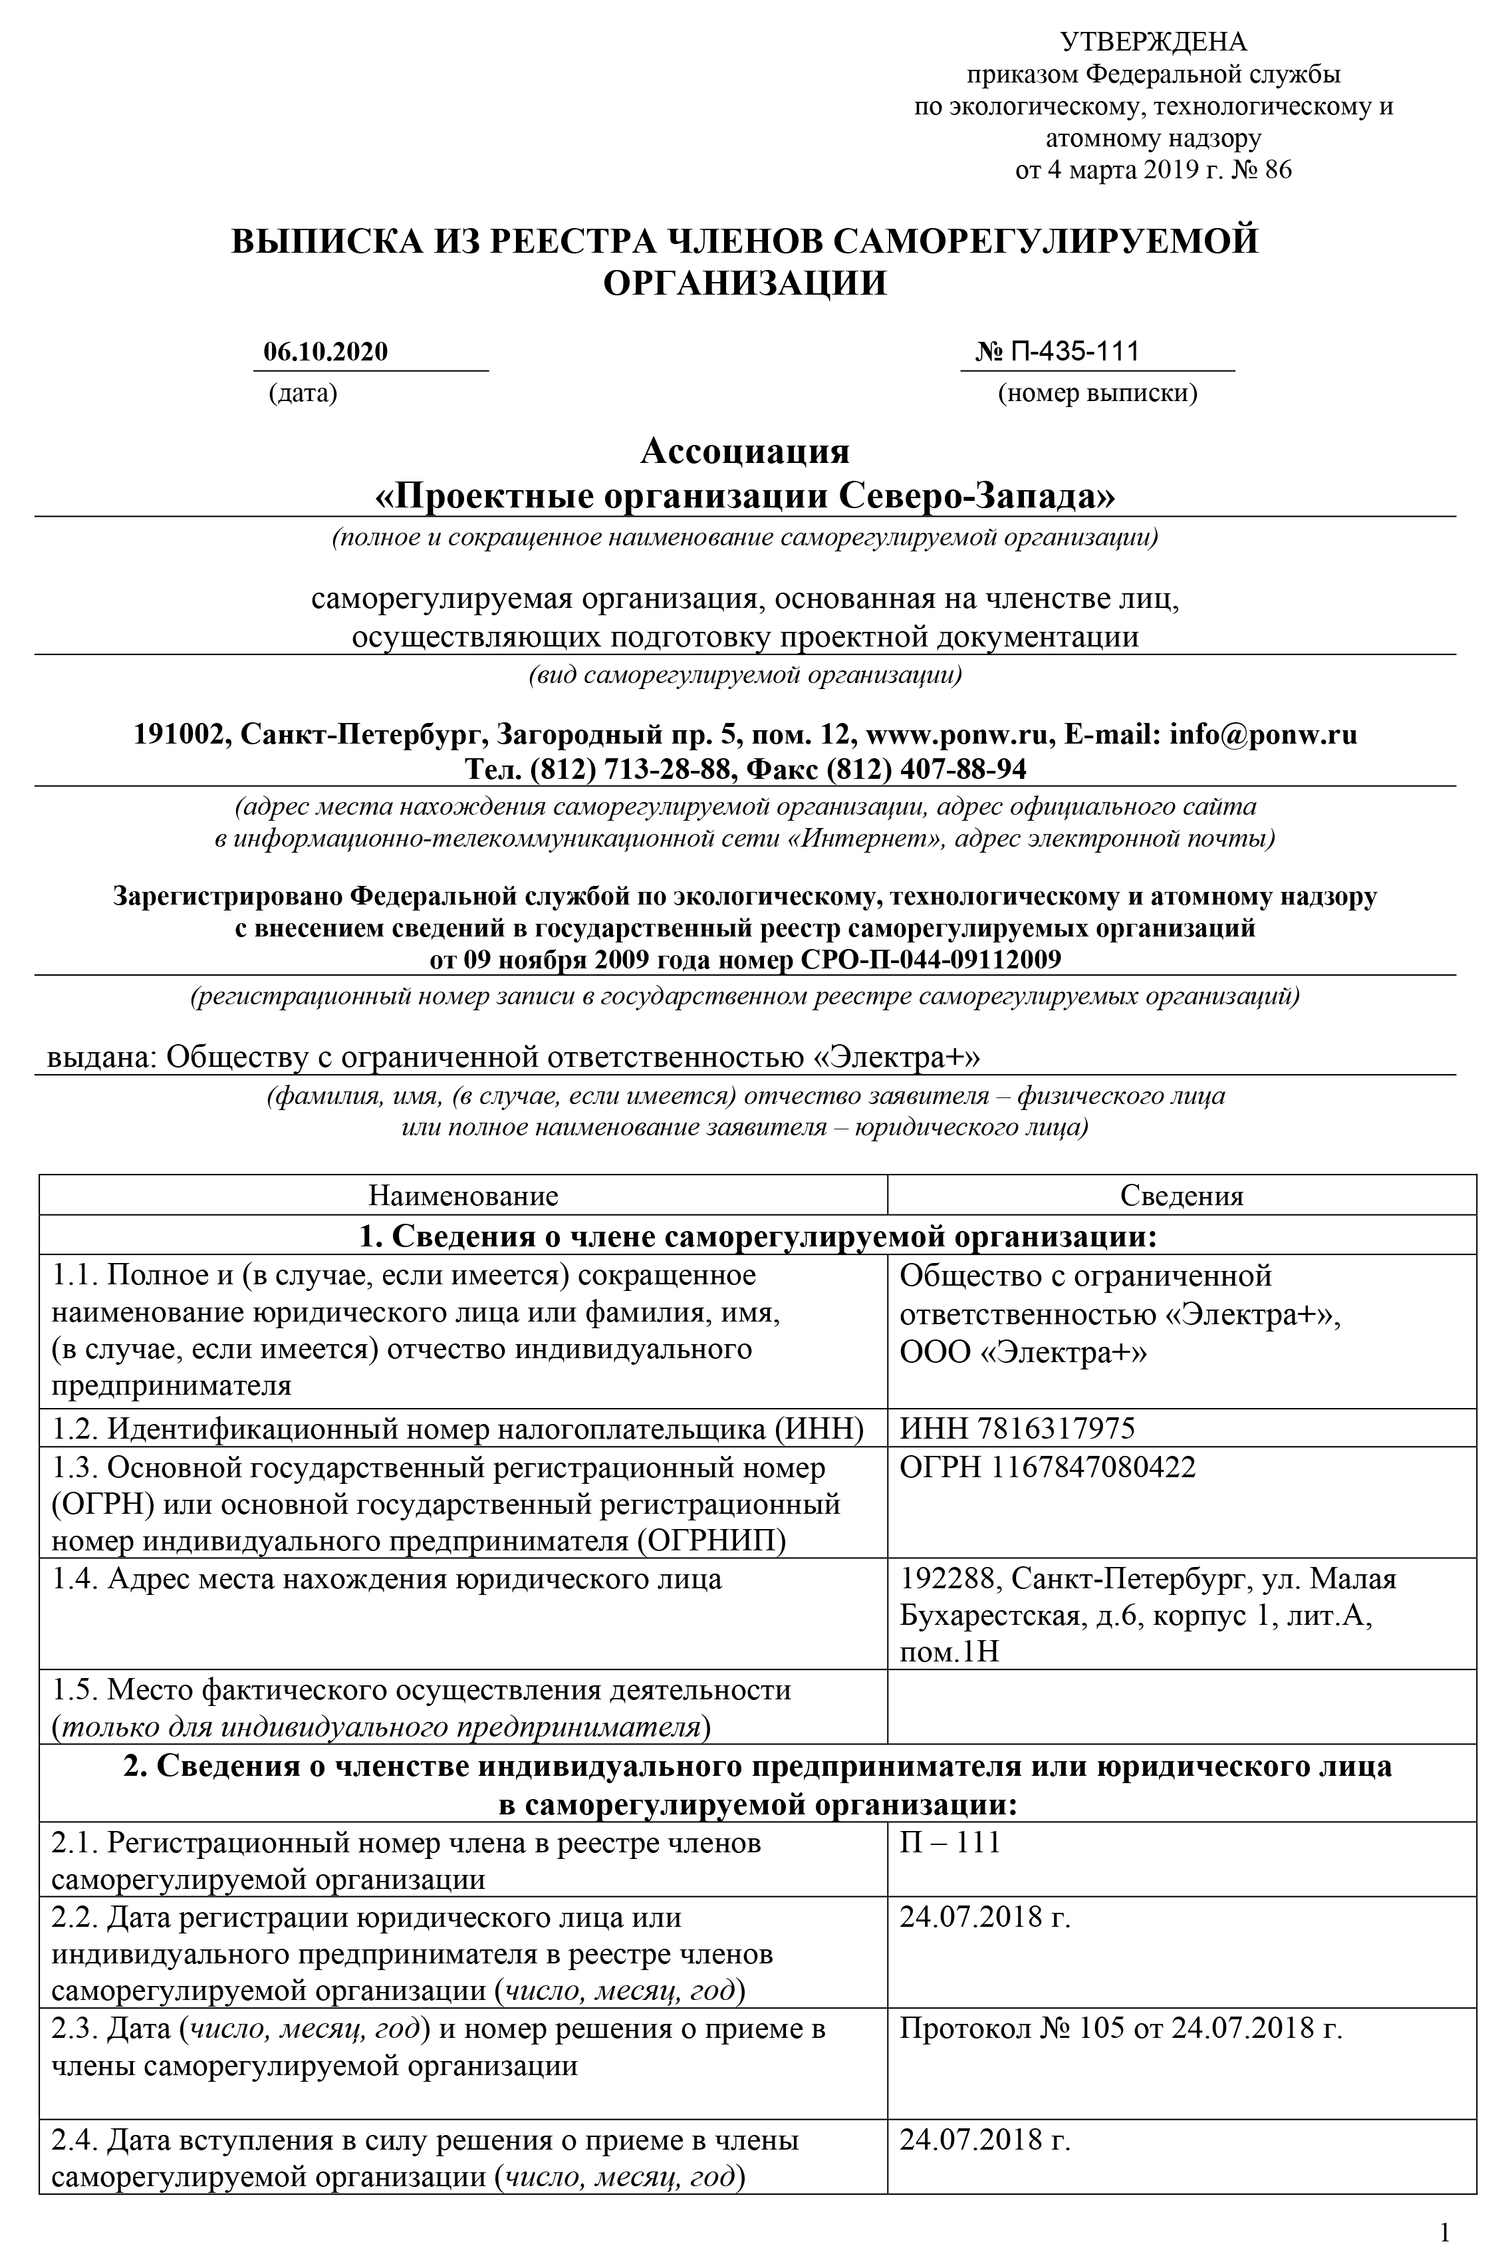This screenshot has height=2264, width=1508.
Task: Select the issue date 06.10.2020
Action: tap(326, 351)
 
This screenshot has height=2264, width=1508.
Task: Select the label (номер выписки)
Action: tap(1097, 393)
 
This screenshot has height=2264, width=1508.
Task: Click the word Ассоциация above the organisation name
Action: tap(745, 451)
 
